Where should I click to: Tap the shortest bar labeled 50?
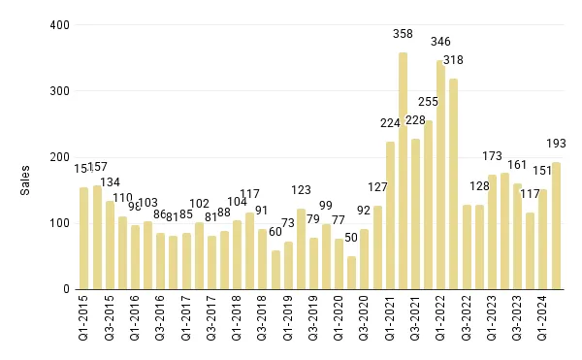351,273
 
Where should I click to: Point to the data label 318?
453,60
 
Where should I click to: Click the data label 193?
556,143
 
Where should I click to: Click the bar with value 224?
390,215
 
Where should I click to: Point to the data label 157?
98,167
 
